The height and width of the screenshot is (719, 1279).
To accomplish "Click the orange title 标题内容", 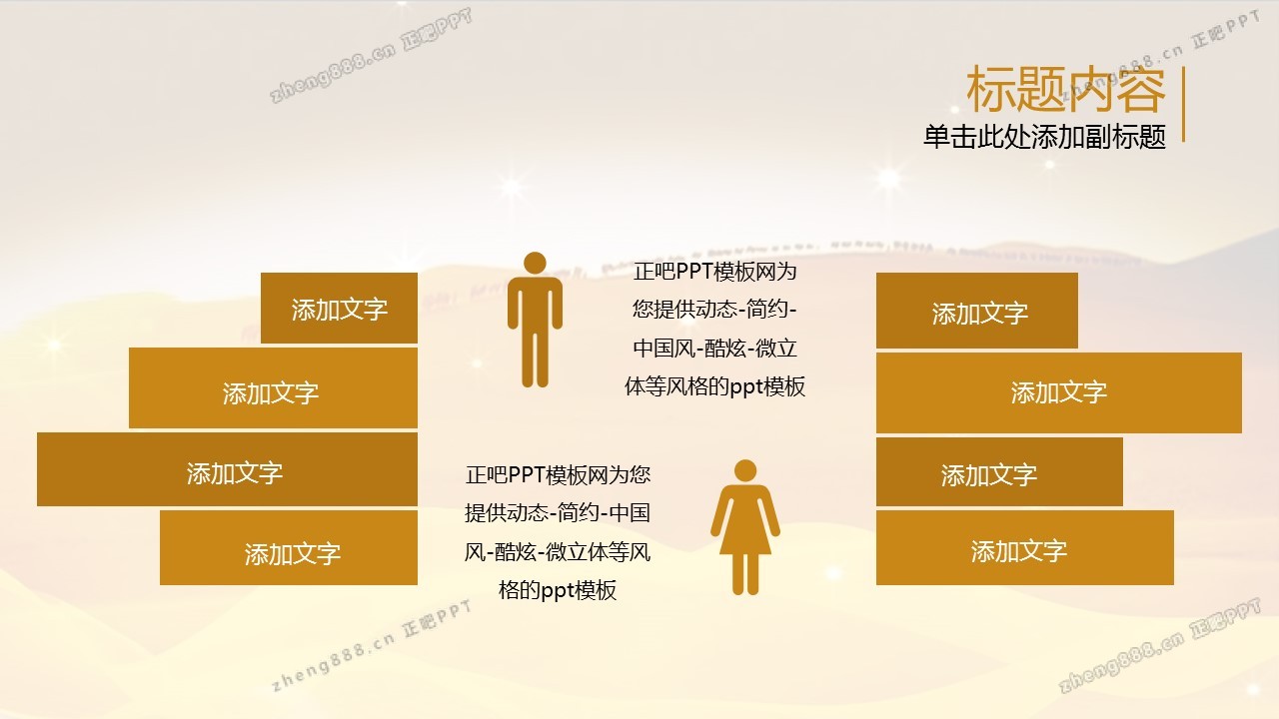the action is (x=1065, y=90).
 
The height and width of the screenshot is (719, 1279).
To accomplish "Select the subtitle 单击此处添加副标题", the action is (x=1044, y=137).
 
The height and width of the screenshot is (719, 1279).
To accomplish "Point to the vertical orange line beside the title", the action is (x=1183, y=104).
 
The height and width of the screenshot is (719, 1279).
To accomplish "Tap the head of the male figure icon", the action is (x=535, y=263).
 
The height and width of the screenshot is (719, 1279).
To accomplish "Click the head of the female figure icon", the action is (x=745, y=470).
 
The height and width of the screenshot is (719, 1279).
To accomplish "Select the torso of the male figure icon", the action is (x=535, y=303).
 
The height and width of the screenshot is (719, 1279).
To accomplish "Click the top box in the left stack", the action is (x=339, y=309).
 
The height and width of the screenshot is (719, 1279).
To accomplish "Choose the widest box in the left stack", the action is (x=227, y=469).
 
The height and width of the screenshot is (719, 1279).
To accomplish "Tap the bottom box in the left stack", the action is (x=289, y=548).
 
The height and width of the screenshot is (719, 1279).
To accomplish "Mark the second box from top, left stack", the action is (x=273, y=388).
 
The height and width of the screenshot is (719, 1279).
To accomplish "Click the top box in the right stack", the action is (x=977, y=311).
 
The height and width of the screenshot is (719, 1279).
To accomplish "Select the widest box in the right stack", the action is (x=1059, y=392).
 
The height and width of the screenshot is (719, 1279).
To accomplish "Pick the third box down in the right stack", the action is (x=999, y=472).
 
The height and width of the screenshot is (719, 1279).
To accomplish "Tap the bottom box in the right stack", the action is (x=1025, y=548).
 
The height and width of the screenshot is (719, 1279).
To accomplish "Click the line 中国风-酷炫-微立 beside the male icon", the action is (x=714, y=349).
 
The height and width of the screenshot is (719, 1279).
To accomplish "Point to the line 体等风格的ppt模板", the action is (x=714, y=386).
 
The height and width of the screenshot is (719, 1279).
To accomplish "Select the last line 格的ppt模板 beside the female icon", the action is (x=558, y=590).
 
